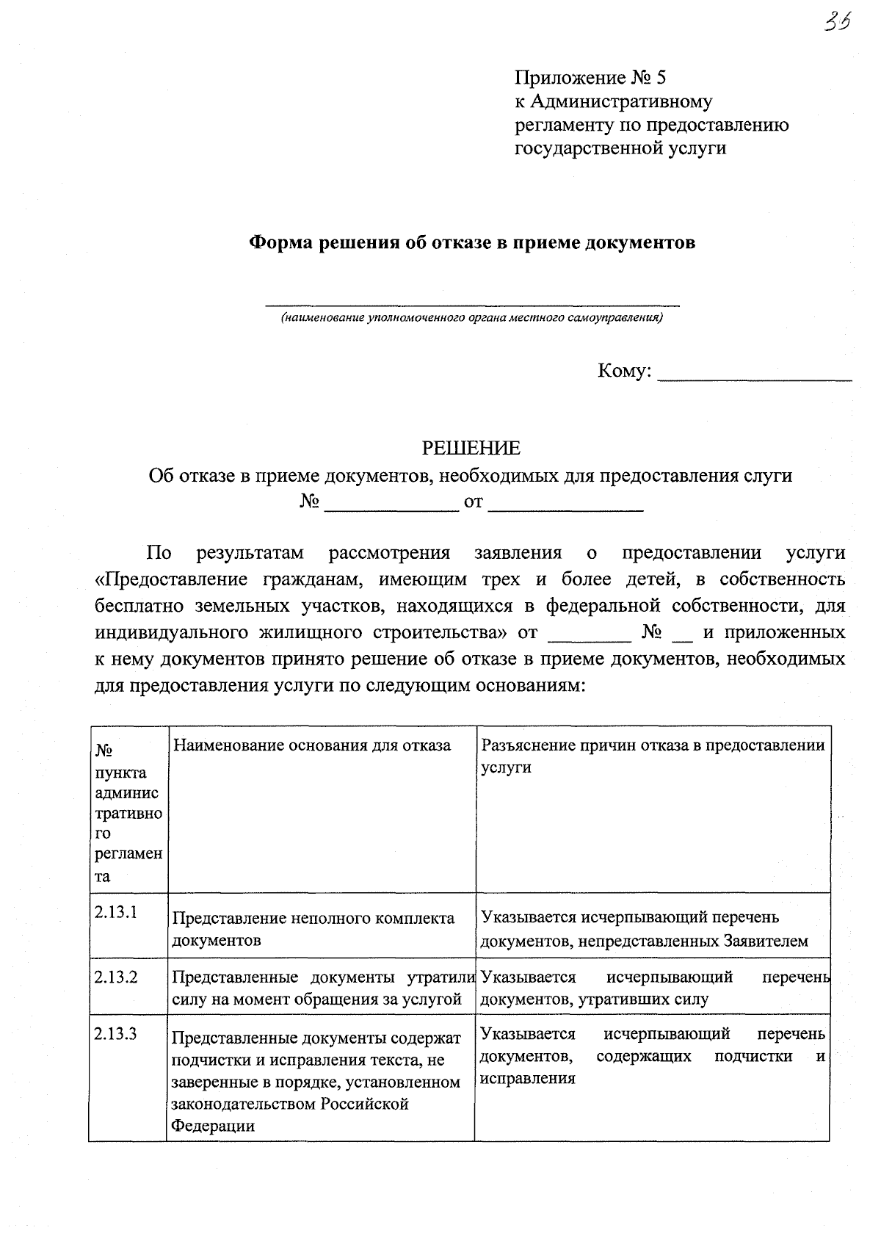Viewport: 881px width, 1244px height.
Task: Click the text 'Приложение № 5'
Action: click(592, 78)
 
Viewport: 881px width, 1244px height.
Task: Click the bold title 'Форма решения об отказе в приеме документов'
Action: click(473, 242)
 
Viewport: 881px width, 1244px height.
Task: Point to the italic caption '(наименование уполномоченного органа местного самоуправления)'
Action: click(472, 319)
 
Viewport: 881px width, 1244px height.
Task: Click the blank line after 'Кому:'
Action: click(755, 376)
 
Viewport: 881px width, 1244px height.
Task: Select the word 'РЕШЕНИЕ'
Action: click(471, 448)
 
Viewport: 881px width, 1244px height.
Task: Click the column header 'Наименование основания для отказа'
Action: click(312, 745)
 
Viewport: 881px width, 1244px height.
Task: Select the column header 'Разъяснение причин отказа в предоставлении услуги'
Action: click(653, 756)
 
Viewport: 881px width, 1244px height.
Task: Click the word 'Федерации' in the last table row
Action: click(213, 1126)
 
